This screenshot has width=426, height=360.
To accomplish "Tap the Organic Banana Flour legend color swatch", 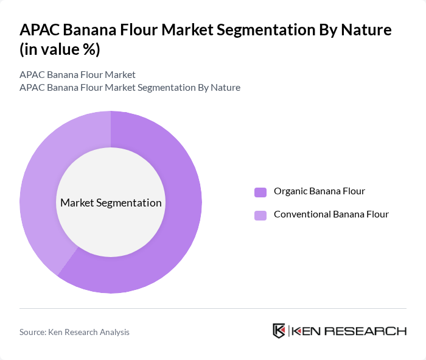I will point(260,192).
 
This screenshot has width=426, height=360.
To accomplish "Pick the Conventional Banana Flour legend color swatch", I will point(260,215).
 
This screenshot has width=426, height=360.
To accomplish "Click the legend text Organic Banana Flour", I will point(319,191).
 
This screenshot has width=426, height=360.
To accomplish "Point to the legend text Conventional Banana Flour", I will point(331,214).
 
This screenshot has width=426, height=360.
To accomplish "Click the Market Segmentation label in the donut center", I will point(111,203).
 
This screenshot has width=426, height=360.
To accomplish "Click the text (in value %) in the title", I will point(60,50).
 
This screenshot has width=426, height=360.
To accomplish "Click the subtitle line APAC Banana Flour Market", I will point(77,75).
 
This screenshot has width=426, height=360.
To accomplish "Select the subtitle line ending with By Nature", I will point(130,88).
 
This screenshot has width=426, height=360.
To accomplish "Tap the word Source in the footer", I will point(33,332).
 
